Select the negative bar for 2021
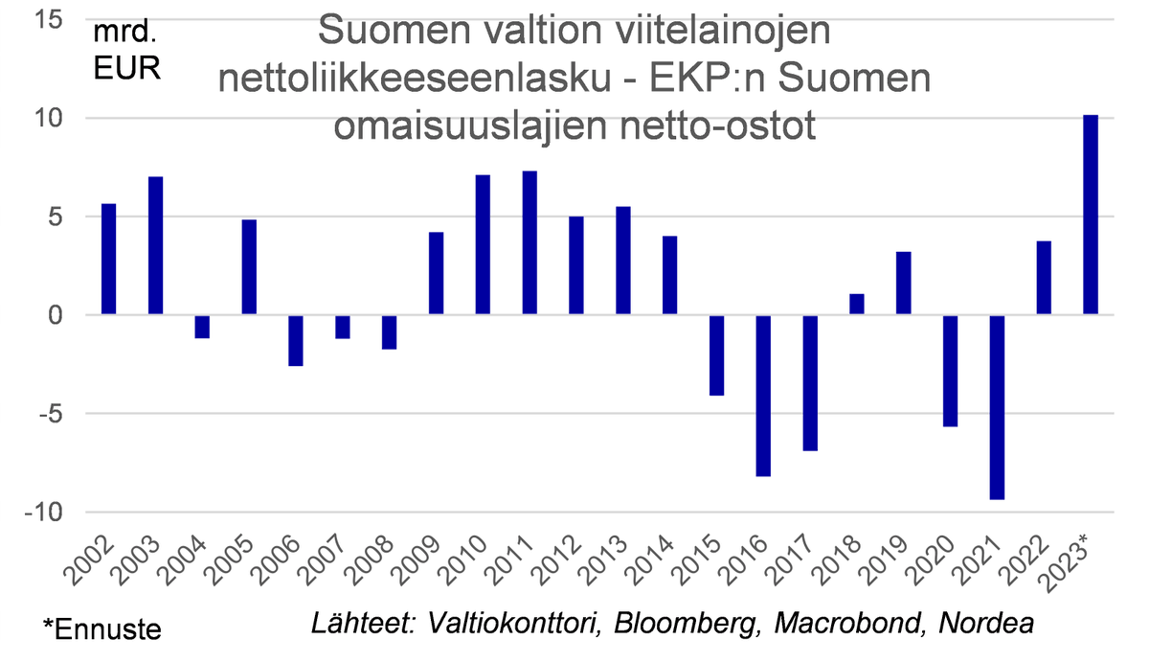tap(996, 407)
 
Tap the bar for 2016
tap(762, 395)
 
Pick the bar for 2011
tap(529, 242)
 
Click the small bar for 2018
tap(856, 305)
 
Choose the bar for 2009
tap(436, 273)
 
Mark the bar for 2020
tap(950, 371)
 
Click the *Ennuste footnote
tap(102, 629)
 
